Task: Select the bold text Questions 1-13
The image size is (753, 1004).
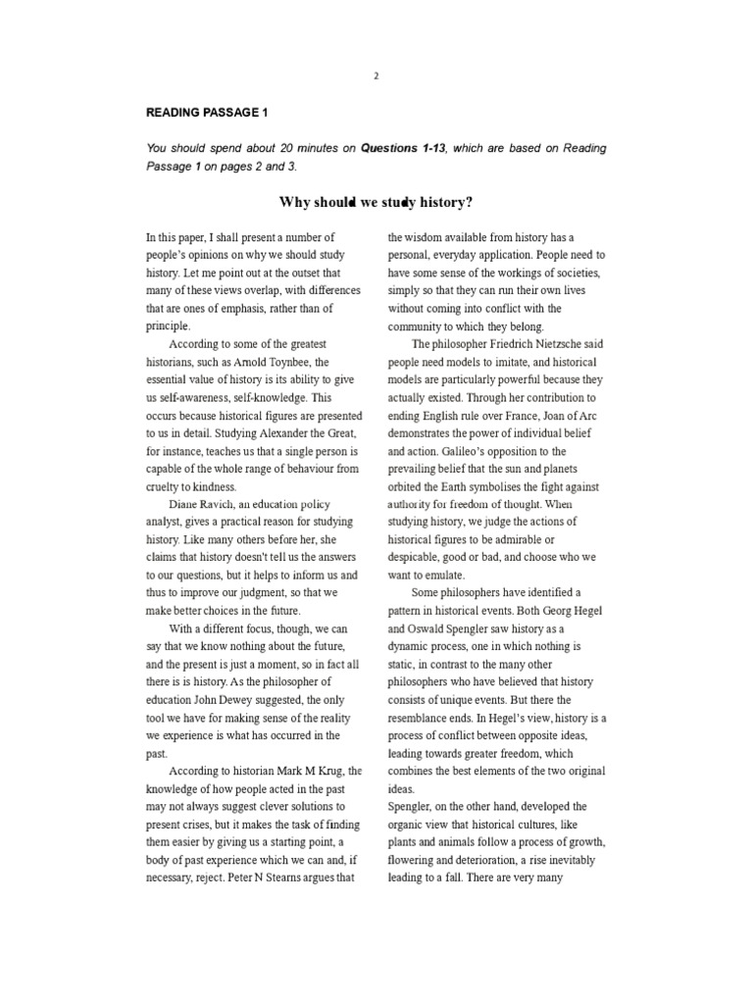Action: click(x=403, y=148)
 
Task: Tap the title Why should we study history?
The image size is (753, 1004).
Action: click(x=376, y=202)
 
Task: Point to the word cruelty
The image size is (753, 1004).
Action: click(x=166, y=487)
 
